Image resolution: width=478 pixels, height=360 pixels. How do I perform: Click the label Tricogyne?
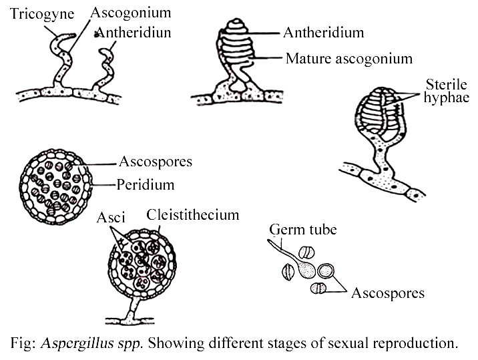[x=41, y=14]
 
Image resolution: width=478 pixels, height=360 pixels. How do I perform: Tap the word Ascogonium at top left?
[x=132, y=13]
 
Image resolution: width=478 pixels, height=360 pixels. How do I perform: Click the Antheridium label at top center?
[x=323, y=32]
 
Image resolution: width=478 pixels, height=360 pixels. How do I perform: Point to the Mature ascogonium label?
[x=348, y=59]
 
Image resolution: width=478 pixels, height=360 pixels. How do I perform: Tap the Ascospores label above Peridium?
[x=156, y=162]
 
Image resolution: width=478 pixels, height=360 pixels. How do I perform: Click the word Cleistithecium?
[x=192, y=215]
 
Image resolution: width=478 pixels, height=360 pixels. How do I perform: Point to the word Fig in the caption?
[x=21, y=344]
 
